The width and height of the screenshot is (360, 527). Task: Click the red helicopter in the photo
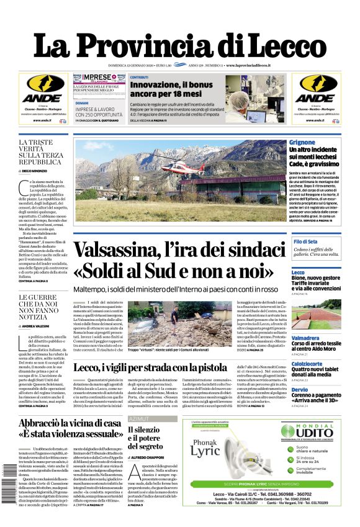coord(181,167)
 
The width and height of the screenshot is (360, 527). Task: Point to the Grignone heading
coord(302,143)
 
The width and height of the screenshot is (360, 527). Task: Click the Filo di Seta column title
coord(305,241)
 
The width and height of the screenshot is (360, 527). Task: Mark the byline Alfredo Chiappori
coord(151,457)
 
